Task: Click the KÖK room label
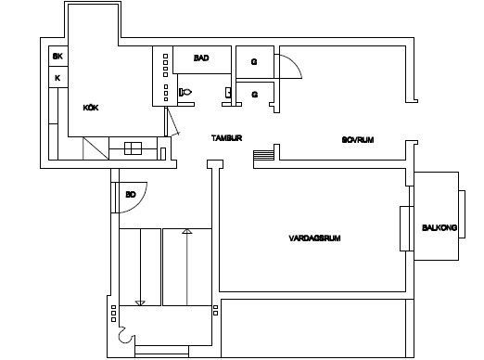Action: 91,108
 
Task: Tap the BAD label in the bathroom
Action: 201,58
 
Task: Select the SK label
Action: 57,57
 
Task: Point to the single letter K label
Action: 57,78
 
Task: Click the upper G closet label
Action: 254,62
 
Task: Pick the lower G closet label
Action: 255,94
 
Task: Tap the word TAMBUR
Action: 226,138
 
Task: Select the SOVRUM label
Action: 358,140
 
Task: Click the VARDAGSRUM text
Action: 314,238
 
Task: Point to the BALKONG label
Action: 439,227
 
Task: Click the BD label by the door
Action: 131,195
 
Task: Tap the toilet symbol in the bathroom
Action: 185,92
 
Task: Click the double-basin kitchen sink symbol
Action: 133,148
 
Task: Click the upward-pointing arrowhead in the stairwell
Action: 187,231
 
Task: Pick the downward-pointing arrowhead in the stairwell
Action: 140,303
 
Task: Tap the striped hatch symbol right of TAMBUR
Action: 263,155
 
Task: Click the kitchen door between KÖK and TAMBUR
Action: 172,122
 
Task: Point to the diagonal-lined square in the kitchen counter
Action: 96,148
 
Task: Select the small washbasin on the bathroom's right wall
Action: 228,92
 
